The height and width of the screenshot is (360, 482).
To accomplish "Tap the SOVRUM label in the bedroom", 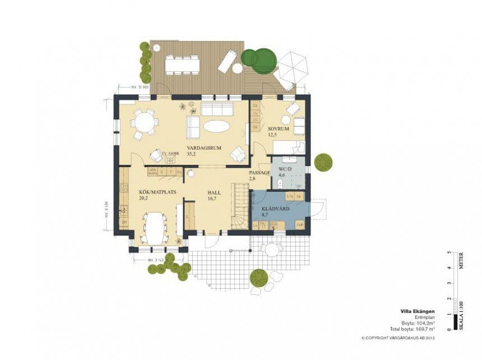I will (278, 128).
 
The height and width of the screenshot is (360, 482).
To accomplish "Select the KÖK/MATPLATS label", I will (157, 191).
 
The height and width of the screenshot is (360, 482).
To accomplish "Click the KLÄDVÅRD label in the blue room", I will (275, 209).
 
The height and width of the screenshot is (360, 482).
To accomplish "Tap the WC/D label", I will (285, 168).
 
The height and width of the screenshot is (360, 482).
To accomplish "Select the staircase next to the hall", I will (240, 207).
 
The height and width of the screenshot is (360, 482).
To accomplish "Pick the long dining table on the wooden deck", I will (182, 66).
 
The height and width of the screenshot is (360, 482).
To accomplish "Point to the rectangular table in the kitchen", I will (154, 227).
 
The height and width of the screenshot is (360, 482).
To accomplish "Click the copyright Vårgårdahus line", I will (398, 338).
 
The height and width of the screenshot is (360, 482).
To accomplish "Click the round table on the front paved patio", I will (273, 250).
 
